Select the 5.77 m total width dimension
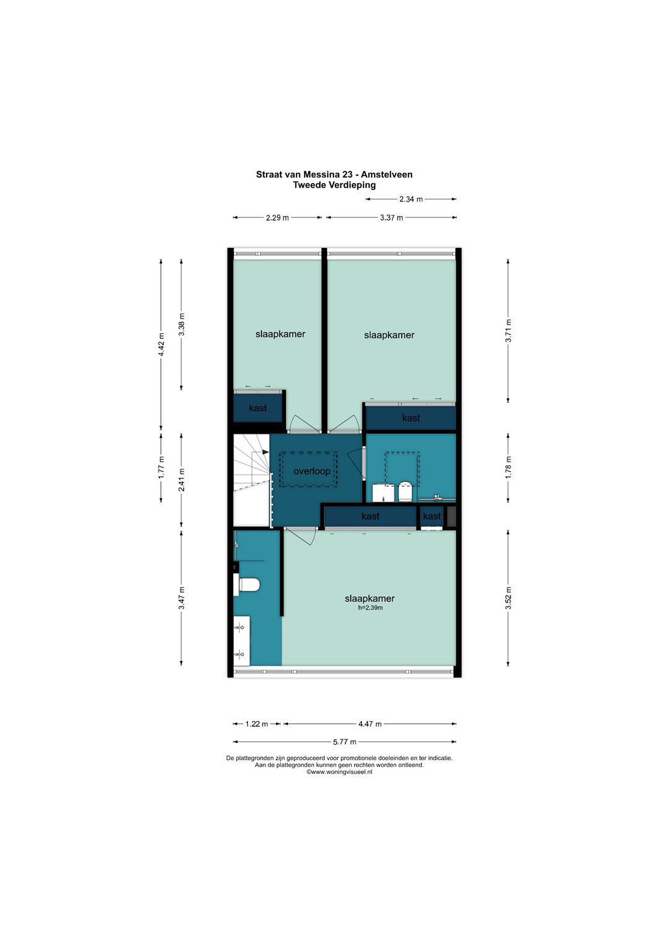point(345,742)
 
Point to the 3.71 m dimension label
point(509,330)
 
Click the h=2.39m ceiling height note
point(370,608)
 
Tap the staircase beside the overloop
point(251,480)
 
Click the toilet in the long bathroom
point(246,585)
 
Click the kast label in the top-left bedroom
point(258,408)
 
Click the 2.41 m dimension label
point(182,480)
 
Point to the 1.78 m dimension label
point(509,468)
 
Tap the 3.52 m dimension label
point(509,598)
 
